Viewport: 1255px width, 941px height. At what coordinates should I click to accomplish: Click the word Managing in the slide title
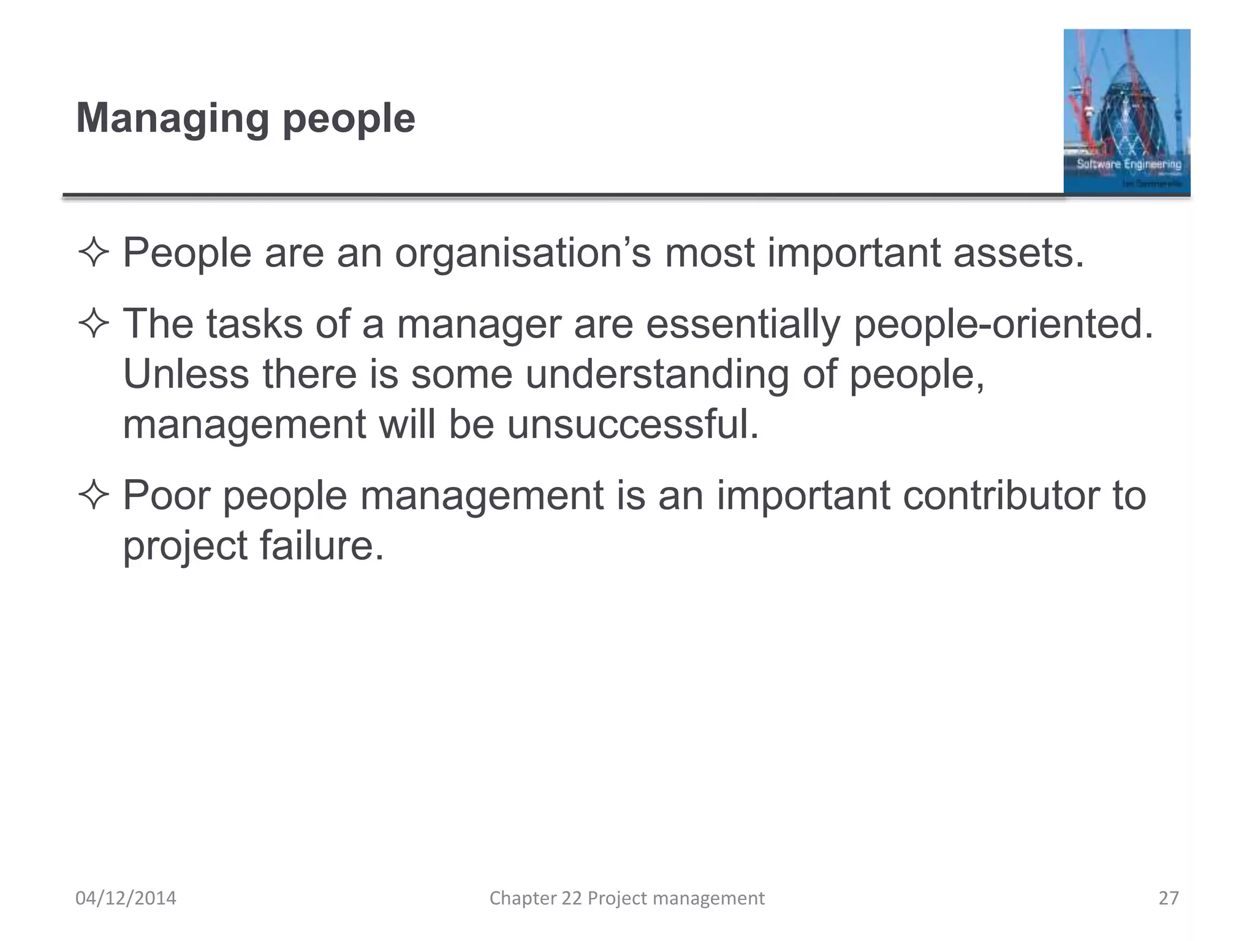click(172, 118)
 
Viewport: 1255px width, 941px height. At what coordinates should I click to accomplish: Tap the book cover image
click(1126, 111)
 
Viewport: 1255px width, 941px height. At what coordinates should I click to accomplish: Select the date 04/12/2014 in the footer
click(126, 898)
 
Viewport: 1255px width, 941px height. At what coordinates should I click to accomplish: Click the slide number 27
click(1169, 898)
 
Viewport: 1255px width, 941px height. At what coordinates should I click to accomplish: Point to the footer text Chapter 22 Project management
click(627, 898)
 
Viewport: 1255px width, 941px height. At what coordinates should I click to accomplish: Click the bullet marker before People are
click(93, 254)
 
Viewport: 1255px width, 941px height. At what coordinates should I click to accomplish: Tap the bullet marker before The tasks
click(93, 324)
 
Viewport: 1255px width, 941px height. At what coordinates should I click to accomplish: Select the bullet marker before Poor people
click(93, 496)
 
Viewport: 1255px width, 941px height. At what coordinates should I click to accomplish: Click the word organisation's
click(523, 253)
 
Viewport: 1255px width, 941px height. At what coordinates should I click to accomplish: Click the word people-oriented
click(1003, 324)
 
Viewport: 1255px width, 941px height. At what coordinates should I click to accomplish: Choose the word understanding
click(657, 375)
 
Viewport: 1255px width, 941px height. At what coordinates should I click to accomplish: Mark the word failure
click(322, 545)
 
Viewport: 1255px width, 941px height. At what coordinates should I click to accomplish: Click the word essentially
click(743, 324)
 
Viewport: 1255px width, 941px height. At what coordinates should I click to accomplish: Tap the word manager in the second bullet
click(479, 325)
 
